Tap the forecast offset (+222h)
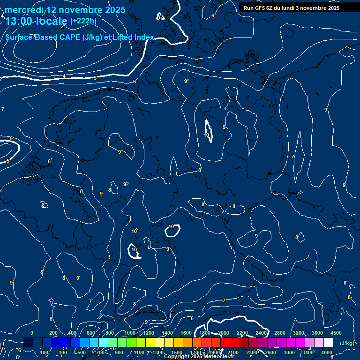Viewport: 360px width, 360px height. point(83,21)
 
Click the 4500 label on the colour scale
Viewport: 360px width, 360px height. point(336,333)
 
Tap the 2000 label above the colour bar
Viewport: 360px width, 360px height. point(224,333)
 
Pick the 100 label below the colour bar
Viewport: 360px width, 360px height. point(44,352)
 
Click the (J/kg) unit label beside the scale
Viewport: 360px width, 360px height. point(347,343)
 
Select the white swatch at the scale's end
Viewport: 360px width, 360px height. point(328,343)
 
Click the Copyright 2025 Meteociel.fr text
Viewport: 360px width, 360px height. point(199,357)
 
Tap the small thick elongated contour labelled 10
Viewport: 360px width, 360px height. point(208,131)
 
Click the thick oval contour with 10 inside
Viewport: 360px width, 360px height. point(172,230)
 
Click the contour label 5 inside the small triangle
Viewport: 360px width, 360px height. point(160,17)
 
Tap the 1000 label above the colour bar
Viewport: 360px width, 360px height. point(129,333)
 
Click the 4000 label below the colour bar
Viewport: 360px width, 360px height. point(327,352)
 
